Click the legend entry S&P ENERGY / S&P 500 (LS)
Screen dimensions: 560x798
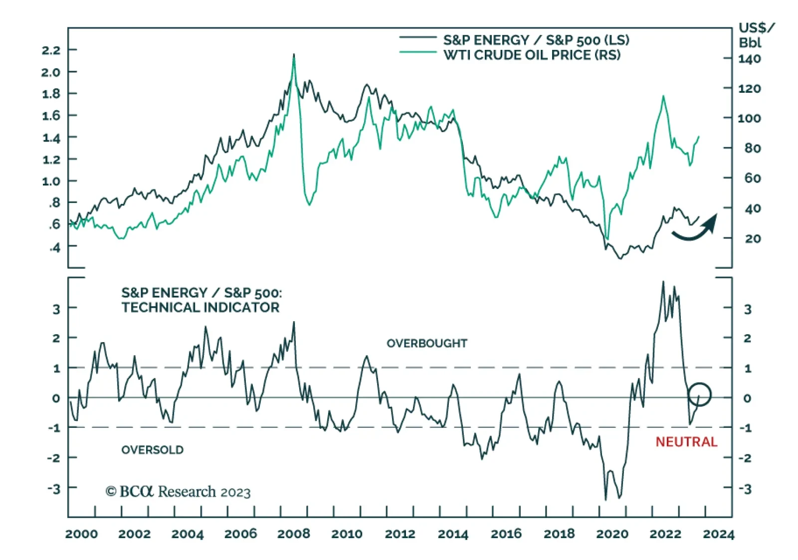[536, 40]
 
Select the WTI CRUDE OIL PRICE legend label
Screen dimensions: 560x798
[532, 55]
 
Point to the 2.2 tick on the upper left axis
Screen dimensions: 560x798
[51, 50]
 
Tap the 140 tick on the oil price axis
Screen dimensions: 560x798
[750, 59]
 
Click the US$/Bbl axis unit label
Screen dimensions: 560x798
[756, 35]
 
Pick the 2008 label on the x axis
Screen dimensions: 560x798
[293, 534]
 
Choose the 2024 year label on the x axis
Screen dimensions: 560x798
[718, 534]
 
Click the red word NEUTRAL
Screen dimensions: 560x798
[686, 442]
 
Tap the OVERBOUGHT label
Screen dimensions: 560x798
[427, 343]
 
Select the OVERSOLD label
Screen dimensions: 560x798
[152, 450]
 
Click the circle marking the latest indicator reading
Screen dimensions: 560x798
[699, 394]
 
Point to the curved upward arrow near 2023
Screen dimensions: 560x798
[695, 229]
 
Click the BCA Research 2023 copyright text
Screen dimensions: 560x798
[178, 492]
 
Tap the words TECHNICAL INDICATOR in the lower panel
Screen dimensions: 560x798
[200, 307]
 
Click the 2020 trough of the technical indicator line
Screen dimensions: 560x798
[605, 499]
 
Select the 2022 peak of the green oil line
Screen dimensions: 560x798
[663, 96]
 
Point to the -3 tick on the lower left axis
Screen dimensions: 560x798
[54, 488]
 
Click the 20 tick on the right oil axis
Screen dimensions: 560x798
[753, 238]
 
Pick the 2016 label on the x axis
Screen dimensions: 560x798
[506, 534]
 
